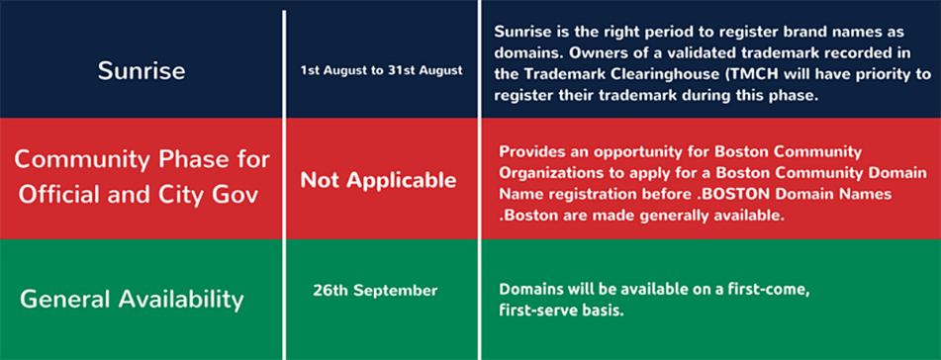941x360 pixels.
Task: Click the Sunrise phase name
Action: click(x=141, y=71)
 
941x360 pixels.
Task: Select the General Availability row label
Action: click(x=132, y=299)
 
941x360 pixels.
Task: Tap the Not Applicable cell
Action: click(x=378, y=180)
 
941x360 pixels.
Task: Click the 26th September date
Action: click(x=375, y=291)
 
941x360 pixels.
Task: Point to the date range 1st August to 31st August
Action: click(x=382, y=71)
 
